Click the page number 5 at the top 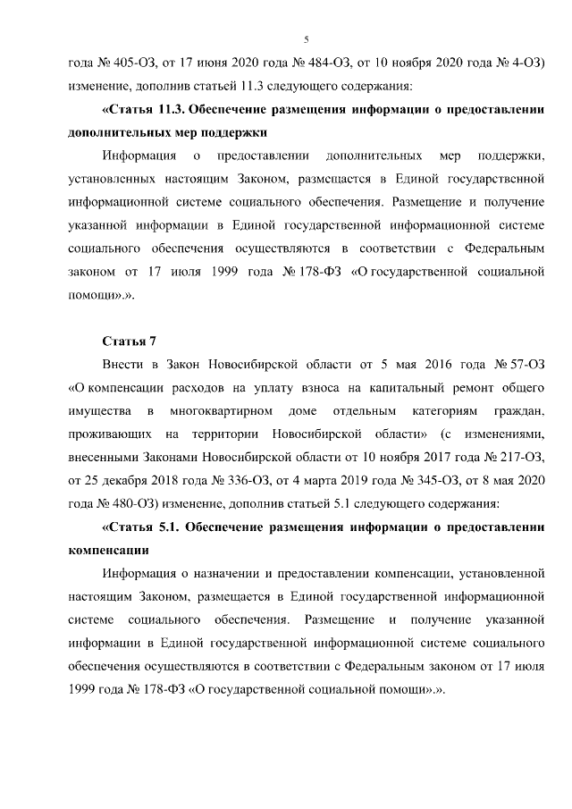306,39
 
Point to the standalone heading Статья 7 130,341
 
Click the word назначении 223,572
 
